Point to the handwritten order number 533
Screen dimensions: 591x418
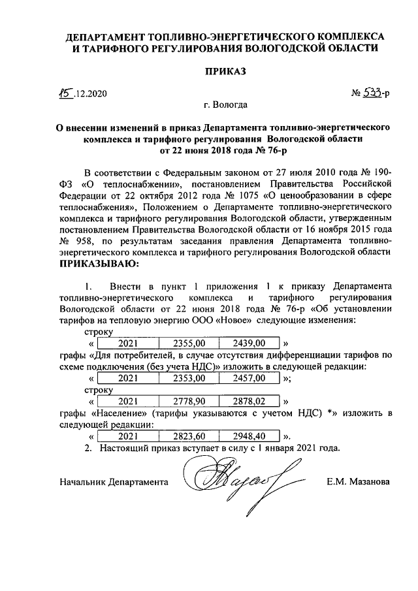(372, 93)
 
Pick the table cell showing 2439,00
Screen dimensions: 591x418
(249, 343)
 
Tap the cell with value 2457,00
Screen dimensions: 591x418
(249, 377)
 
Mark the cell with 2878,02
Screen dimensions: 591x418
(249, 401)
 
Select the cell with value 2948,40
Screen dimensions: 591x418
(249, 436)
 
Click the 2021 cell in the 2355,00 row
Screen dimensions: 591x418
(128, 343)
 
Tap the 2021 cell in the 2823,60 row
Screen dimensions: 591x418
(128, 436)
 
